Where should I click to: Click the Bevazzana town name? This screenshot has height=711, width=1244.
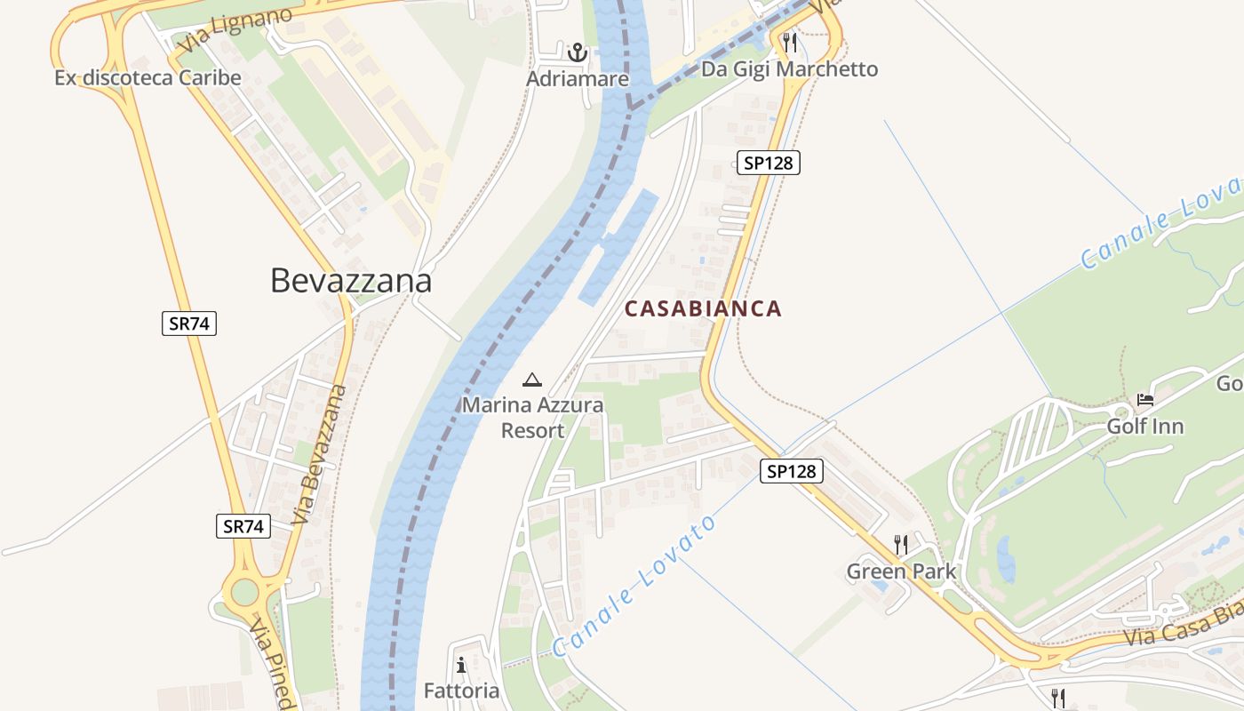(x=351, y=281)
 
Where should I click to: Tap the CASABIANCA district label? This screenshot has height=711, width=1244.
(x=703, y=308)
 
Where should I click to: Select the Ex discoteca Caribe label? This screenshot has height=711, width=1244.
(x=148, y=77)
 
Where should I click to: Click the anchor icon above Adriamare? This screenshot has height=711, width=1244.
(x=578, y=52)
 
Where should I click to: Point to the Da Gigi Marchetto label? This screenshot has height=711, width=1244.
(x=789, y=69)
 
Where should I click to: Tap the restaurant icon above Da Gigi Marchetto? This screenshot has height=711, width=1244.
(x=789, y=42)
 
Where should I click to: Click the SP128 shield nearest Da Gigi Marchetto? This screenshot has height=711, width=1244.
(x=769, y=162)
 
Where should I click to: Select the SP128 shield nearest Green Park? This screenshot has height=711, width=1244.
(x=791, y=471)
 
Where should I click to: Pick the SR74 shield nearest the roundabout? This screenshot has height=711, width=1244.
(x=243, y=526)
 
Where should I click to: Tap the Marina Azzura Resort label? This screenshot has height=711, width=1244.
(x=532, y=418)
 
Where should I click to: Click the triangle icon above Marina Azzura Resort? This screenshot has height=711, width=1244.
(x=532, y=380)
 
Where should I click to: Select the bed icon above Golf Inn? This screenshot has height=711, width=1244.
(x=1144, y=400)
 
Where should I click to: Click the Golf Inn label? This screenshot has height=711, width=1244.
(x=1144, y=427)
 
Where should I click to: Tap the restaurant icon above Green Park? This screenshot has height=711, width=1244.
(x=901, y=544)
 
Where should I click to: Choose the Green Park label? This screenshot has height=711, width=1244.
(x=901, y=571)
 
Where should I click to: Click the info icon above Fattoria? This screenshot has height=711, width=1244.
(x=460, y=665)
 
